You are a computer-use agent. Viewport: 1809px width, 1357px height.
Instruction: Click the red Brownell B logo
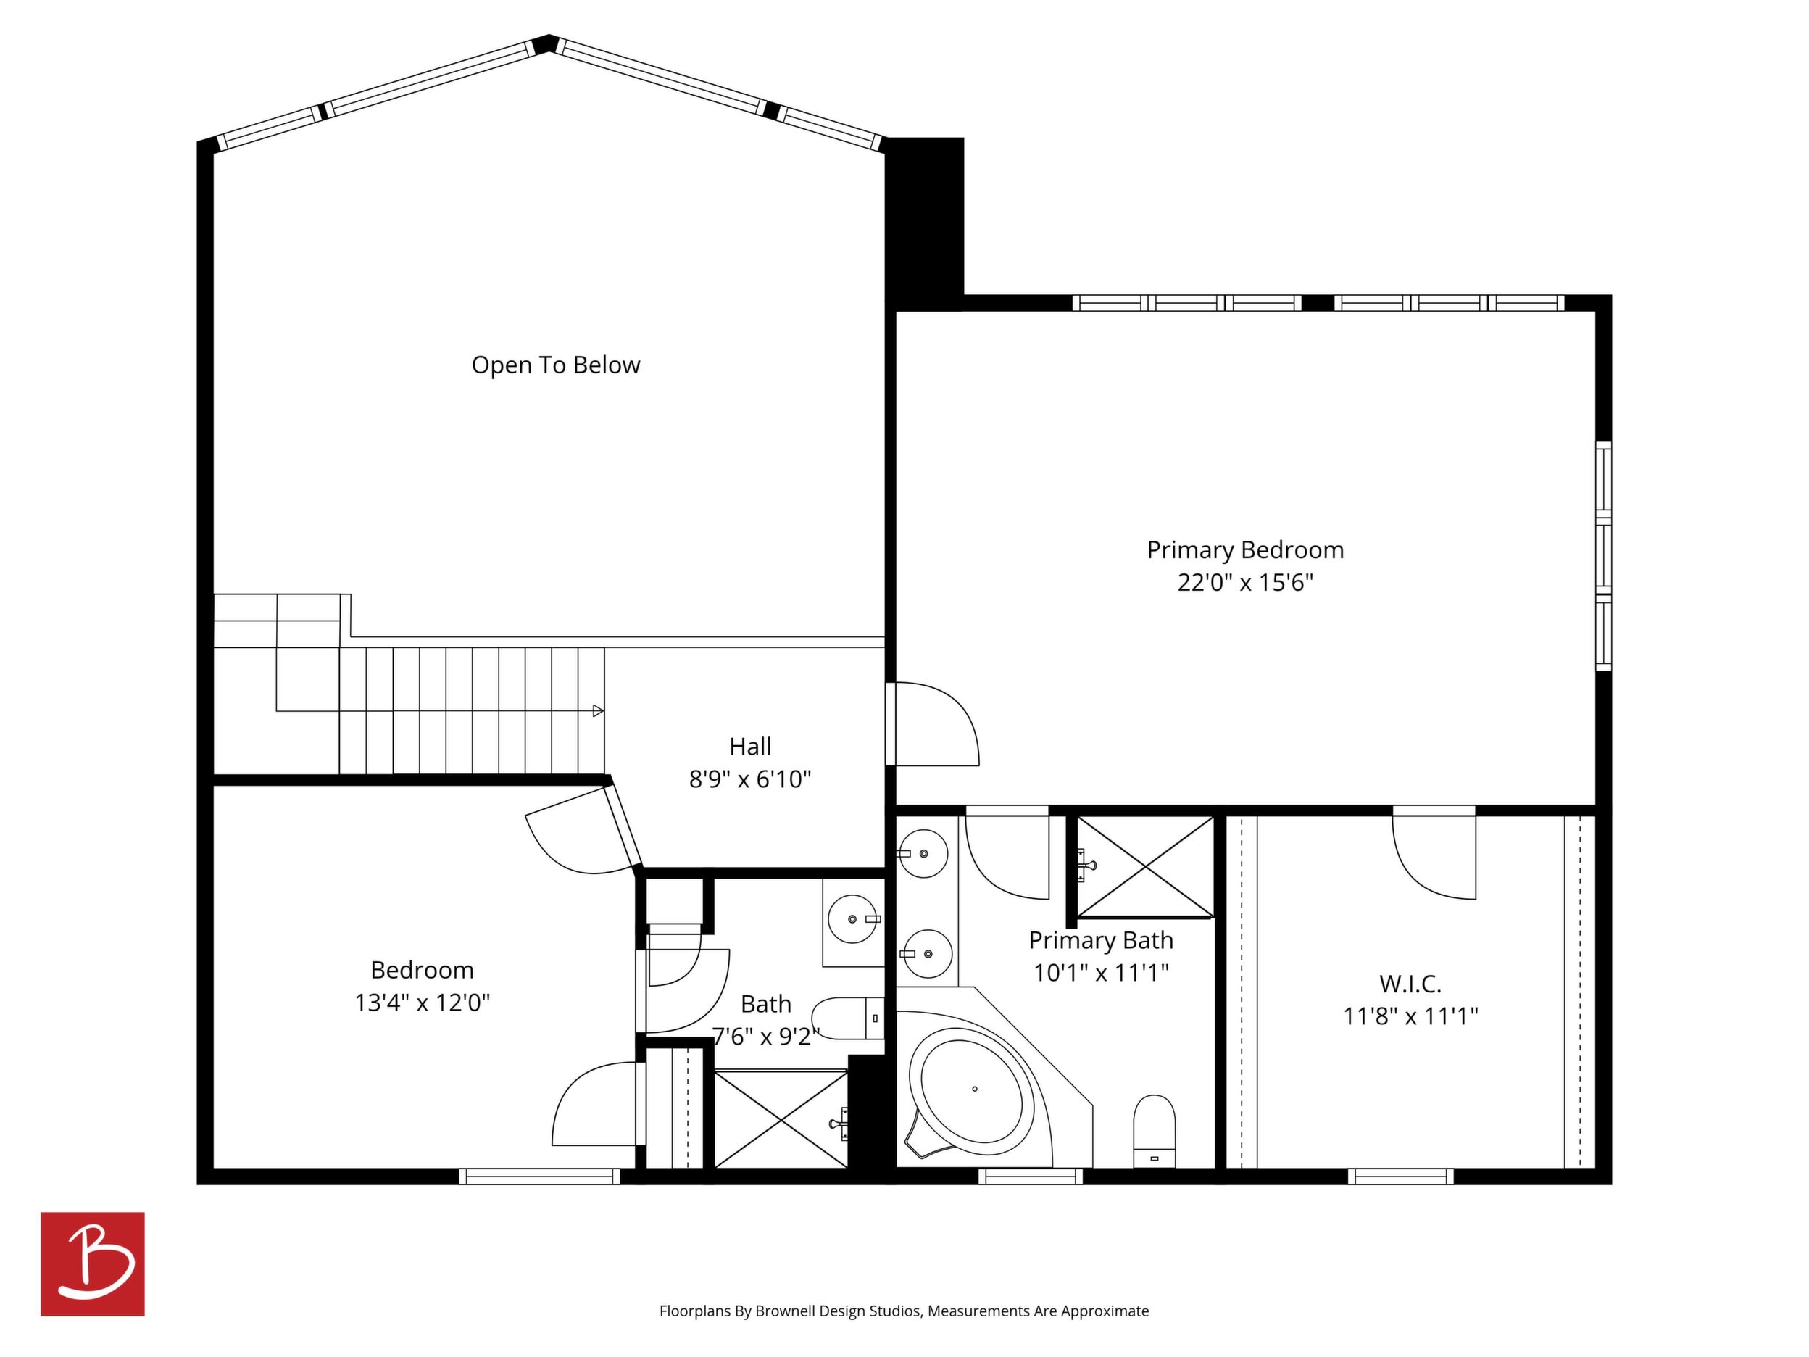93,1263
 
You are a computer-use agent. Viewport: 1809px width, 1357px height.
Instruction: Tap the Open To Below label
555,365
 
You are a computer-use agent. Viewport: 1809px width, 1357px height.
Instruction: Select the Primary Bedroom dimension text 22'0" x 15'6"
1244,582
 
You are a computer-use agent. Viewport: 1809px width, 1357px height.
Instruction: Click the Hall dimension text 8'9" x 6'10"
750,779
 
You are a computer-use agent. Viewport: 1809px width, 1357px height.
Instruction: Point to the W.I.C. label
1410,983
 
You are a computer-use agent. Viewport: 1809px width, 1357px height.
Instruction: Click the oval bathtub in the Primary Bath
974,1089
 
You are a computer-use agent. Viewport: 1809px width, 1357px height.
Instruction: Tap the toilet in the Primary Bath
1154,1132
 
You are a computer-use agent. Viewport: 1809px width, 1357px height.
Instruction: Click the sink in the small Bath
853,918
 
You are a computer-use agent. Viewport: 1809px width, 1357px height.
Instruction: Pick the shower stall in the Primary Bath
1145,866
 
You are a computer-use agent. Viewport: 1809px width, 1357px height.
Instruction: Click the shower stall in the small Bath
781,1119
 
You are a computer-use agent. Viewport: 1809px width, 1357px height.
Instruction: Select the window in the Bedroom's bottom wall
539,1177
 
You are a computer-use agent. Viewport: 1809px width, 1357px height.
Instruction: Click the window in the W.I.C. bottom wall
1401,1177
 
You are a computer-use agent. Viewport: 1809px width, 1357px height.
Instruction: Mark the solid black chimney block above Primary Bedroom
925,223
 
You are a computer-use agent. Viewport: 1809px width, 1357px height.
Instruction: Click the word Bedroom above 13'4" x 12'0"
422,970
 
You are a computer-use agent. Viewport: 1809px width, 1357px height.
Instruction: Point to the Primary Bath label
1101,941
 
